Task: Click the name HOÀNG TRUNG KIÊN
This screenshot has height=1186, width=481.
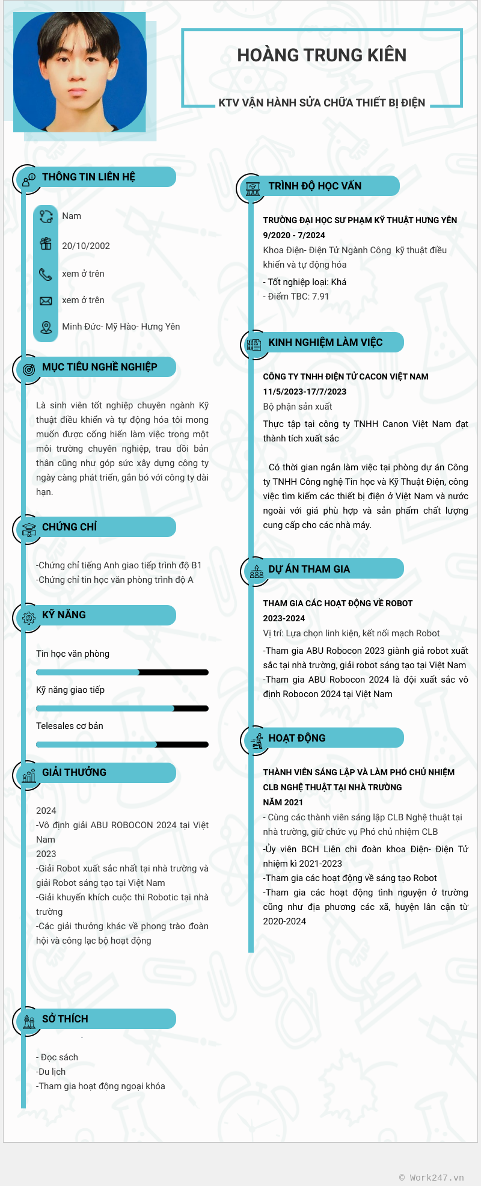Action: tap(322, 55)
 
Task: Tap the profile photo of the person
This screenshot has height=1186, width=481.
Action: tap(79, 72)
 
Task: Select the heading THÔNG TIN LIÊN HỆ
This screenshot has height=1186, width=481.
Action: tap(88, 177)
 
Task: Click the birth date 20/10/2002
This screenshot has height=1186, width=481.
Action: tap(86, 246)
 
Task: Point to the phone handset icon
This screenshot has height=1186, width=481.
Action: tap(46, 274)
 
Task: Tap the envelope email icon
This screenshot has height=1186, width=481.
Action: tap(46, 301)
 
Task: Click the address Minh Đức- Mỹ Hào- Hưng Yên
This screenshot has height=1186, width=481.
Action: tap(121, 327)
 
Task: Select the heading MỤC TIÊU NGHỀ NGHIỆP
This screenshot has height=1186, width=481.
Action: tap(99, 367)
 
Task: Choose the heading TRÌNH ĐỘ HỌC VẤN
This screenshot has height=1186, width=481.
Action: tap(314, 186)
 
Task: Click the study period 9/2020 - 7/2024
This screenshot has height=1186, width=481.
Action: tap(294, 235)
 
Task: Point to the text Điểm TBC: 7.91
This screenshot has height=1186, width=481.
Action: tap(298, 296)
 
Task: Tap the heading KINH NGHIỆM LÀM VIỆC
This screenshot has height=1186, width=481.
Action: tap(325, 342)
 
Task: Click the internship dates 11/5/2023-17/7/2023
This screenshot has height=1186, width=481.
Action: tap(304, 392)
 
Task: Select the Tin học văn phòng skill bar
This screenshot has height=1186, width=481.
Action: tap(122, 672)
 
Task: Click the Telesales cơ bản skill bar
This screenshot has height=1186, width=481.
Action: tap(122, 745)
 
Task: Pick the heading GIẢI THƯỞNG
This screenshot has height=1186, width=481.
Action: tap(74, 772)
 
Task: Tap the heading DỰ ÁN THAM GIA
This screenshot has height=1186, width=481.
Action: tap(308, 569)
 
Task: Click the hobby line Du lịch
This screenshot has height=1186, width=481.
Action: tap(52, 1072)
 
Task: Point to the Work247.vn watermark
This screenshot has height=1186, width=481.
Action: tap(432, 1178)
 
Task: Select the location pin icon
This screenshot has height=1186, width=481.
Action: tap(46, 327)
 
